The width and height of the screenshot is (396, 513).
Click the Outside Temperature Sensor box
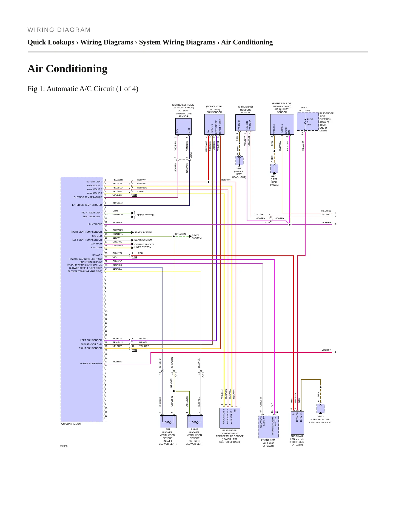pyautogui.click(x=183, y=126)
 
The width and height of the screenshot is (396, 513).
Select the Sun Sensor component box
pyautogui.click(x=214, y=125)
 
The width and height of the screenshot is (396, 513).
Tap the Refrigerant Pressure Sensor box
pyautogui.click(x=245, y=122)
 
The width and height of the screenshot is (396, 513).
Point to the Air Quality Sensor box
pyautogui.click(x=282, y=125)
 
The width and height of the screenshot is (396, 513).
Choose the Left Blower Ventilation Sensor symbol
pyautogui.click(x=168, y=421)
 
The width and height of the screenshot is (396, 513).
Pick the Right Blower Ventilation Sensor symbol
pyautogui.click(x=195, y=421)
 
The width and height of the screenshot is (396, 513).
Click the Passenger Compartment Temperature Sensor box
pyautogui.click(x=230, y=418)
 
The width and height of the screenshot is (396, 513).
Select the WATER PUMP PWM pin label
pyautogui.click(x=91, y=363)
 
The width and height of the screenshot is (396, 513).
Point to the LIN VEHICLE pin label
pyautogui.click(x=95, y=224)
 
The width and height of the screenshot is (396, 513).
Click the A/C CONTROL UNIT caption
pyautogui.click(x=72, y=424)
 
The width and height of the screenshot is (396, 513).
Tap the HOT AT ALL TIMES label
pyautogui.click(x=304, y=109)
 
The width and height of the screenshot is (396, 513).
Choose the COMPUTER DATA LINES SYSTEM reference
pyautogui.click(x=144, y=246)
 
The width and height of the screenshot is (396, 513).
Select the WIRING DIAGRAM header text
pyautogui.click(x=59, y=30)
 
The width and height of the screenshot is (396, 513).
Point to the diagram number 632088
pyautogui.click(x=64, y=446)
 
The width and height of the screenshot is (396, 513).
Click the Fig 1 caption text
pyautogui.click(x=83, y=89)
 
